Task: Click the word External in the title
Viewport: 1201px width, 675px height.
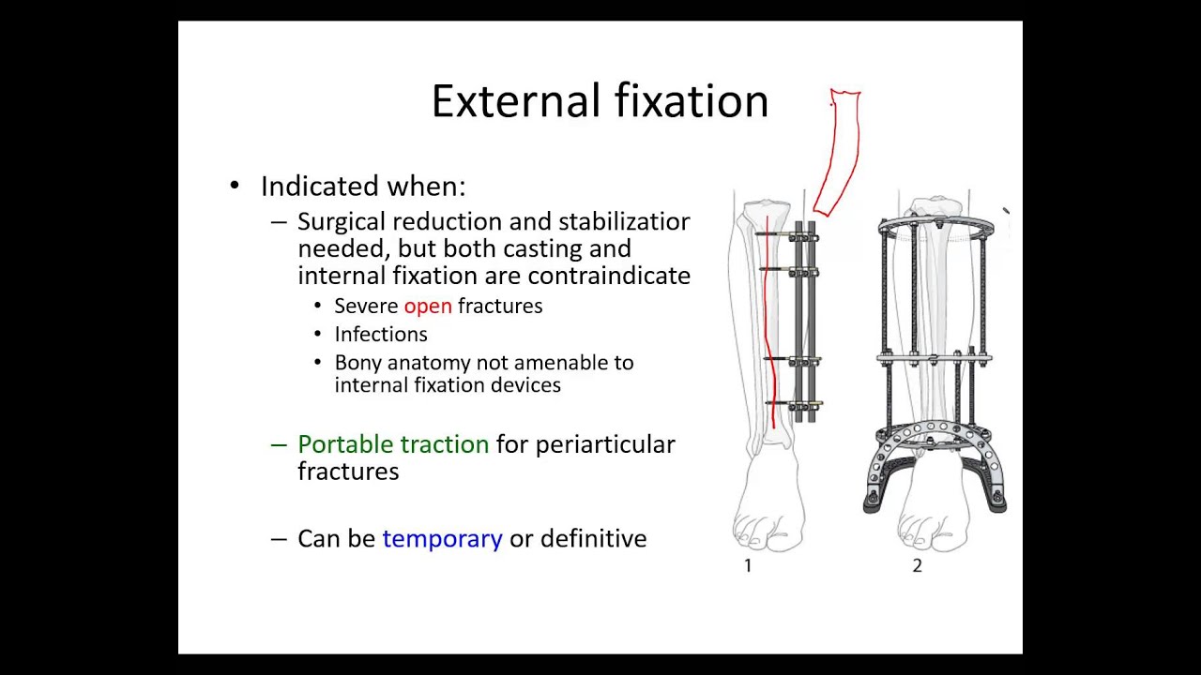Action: [x=515, y=101]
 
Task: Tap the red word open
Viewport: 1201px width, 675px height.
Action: [x=427, y=307]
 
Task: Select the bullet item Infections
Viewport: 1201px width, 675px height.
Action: [x=380, y=335]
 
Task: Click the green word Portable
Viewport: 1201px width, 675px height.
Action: [x=344, y=444]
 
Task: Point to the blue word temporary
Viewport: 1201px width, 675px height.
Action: [x=442, y=539]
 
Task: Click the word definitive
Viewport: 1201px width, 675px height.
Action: [x=593, y=539]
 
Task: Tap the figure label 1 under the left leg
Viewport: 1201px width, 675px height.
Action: [x=748, y=565]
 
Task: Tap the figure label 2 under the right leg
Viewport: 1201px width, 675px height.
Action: [x=917, y=565]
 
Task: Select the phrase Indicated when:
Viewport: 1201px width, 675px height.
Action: [x=362, y=187]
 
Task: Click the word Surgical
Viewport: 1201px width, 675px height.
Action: [x=342, y=222]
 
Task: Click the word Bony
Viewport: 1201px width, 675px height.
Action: [x=357, y=363]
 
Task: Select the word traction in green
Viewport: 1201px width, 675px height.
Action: [x=447, y=444]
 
